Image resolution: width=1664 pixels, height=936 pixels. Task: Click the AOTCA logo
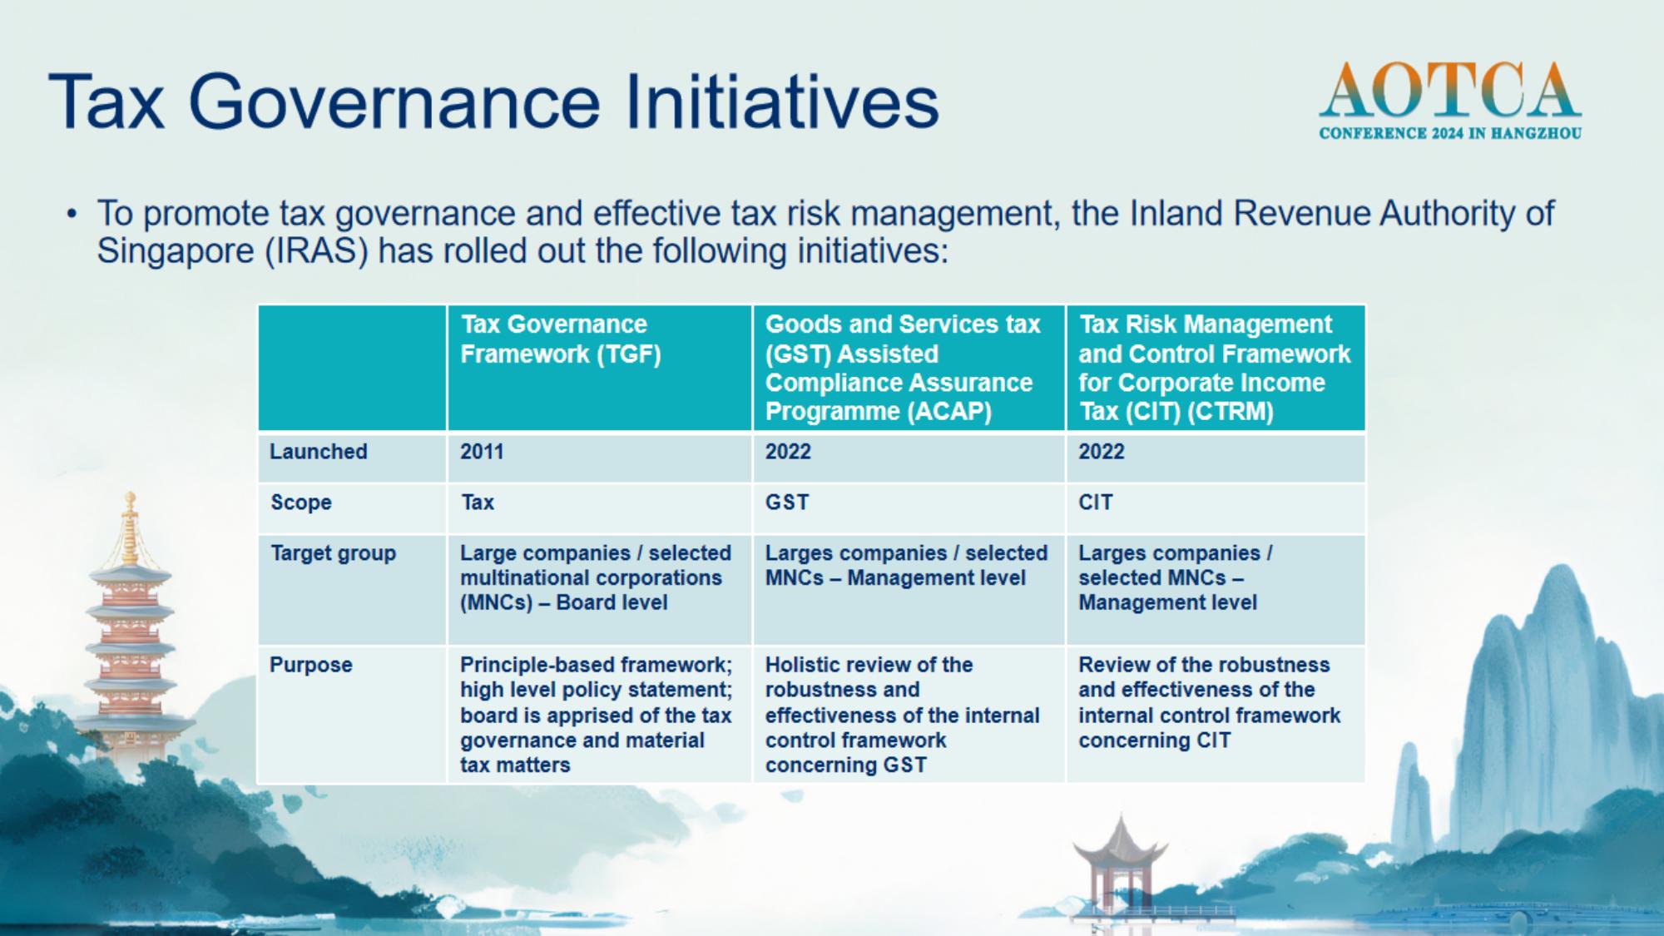tap(1450, 100)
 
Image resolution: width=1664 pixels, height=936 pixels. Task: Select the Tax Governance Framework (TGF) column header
tap(600, 368)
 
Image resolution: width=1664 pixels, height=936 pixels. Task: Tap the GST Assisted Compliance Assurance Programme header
tap(909, 368)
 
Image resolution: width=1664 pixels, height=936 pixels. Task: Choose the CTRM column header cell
tap(1216, 368)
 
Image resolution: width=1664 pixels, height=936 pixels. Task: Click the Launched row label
tap(318, 452)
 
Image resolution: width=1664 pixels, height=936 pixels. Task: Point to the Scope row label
tap(300, 503)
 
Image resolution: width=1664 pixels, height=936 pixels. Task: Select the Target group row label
tap(333, 553)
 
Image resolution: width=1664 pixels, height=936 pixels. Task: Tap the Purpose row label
tap(310, 665)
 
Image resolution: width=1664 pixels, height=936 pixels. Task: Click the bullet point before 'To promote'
tap(72, 215)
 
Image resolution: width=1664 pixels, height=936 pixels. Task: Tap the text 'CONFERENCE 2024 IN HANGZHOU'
tap(1450, 133)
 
